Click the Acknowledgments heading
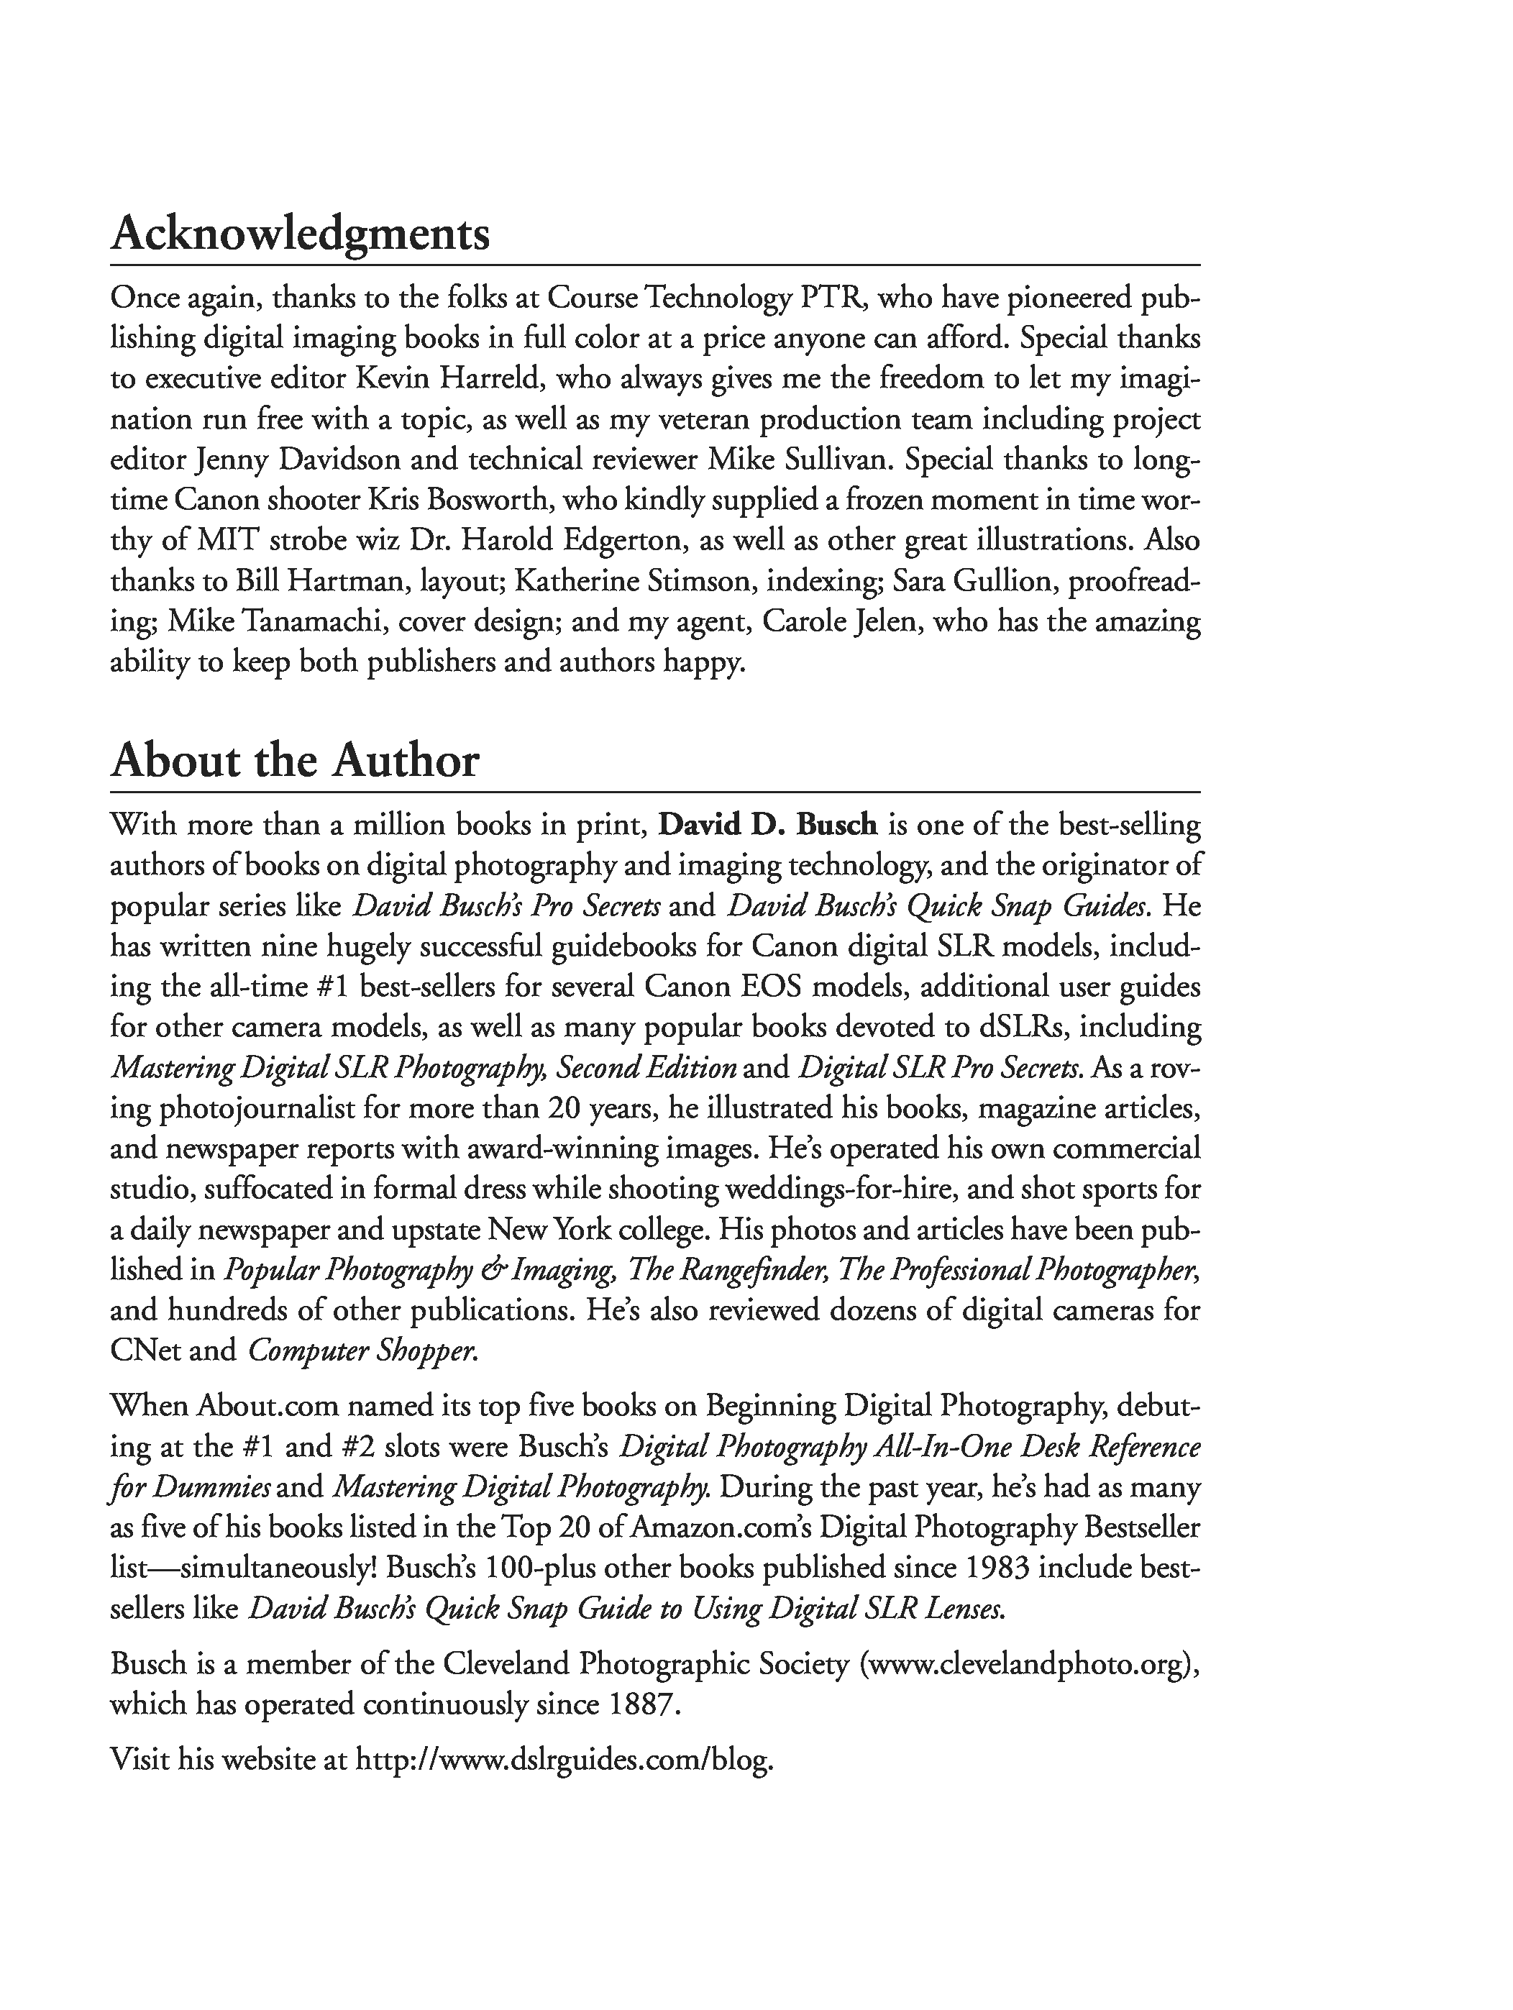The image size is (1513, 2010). (300, 234)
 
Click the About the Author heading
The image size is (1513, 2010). (294, 761)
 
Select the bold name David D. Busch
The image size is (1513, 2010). (767, 825)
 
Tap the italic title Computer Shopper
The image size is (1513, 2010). (362, 1351)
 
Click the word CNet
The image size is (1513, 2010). (145, 1351)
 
